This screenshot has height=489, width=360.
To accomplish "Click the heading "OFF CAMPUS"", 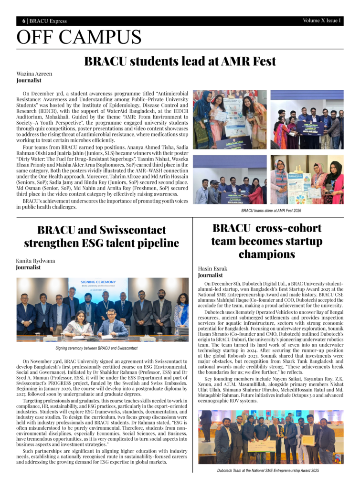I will tap(79, 37).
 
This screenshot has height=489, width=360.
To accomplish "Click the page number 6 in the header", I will tap(24, 21).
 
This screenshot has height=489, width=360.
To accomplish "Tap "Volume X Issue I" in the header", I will tap(321, 21).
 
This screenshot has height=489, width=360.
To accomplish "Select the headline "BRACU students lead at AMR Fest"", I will tap(180, 62).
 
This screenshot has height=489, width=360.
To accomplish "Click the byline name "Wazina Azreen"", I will tap(34, 74).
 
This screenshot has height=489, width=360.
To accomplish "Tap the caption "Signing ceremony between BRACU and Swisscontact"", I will tap(103, 349).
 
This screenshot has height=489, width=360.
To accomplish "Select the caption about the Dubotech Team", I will tap(267, 470).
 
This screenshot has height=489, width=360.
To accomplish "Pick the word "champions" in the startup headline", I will tap(267, 254).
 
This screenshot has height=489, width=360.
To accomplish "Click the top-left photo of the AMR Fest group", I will tap(230, 119).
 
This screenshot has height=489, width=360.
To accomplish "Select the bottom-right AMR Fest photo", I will tap(307, 180).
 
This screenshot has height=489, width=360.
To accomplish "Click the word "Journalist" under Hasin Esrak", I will tap(211, 276).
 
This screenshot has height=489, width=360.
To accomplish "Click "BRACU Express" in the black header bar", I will tap(49, 21).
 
